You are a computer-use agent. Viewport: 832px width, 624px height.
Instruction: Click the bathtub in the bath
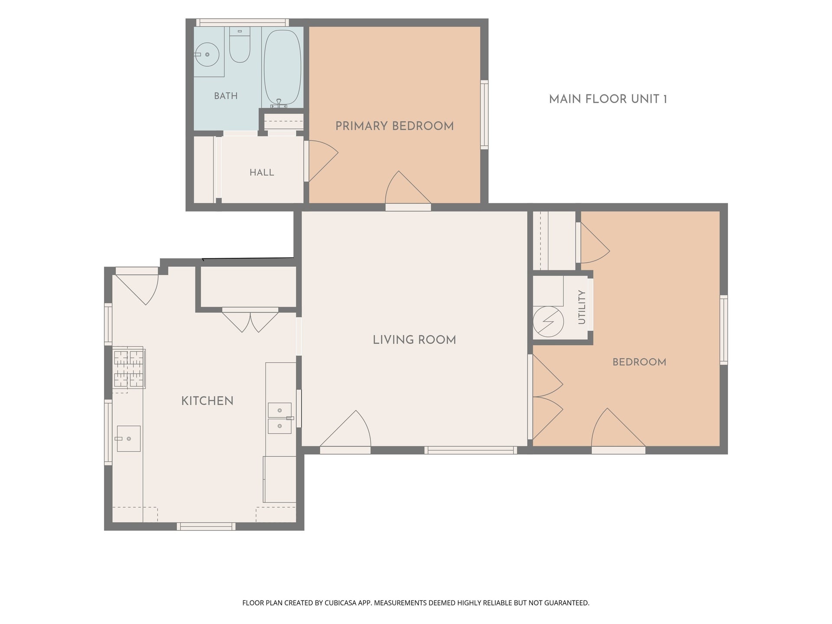[x=283, y=67]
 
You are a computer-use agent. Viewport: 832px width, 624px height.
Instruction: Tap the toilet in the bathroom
[x=240, y=45]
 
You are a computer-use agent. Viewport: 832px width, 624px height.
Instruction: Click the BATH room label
[x=226, y=96]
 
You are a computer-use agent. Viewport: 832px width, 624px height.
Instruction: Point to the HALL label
[x=262, y=172]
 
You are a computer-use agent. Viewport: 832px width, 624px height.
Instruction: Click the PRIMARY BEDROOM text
[x=394, y=126]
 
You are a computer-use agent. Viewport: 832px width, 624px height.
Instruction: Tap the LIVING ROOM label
[x=414, y=340]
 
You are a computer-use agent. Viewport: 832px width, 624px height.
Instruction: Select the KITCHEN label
[x=207, y=401]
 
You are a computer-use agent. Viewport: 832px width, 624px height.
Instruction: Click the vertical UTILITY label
[x=582, y=307]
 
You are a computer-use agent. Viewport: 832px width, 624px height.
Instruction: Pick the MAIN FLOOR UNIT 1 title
[x=608, y=99]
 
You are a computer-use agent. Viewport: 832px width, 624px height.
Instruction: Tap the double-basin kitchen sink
[x=279, y=418]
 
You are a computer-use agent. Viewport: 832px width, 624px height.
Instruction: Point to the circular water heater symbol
[x=548, y=322]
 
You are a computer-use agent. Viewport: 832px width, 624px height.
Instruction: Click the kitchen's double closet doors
[x=250, y=320]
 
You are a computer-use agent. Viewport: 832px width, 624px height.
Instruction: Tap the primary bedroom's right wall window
[x=484, y=115]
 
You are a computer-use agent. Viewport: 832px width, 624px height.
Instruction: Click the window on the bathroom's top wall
[x=242, y=23]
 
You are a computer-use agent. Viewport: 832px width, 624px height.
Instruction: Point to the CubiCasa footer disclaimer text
[x=416, y=603]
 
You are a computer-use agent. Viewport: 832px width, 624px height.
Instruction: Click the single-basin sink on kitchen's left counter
[x=129, y=439]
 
